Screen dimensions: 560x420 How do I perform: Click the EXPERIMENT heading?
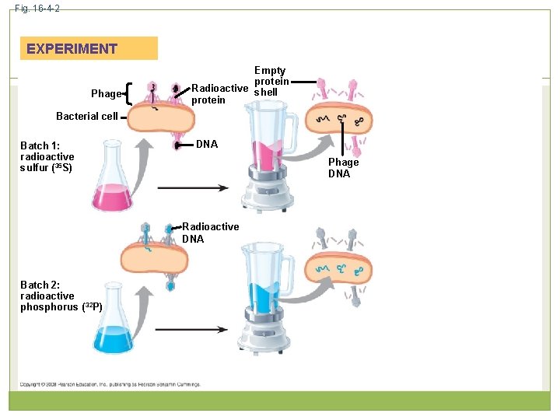[x=72, y=48]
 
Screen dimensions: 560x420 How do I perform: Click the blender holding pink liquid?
[x=268, y=156]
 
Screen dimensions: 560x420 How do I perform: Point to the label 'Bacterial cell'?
[x=87, y=116]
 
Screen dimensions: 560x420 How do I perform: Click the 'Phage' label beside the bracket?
[x=106, y=93]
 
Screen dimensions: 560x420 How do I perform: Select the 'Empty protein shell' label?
[x=271, y=81]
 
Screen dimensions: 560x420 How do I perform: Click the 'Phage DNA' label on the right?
[x=343, y=168]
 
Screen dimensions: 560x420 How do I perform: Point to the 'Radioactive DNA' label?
[x=210, y=233]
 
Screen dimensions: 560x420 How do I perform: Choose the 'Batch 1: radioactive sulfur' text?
[x=47, y=156]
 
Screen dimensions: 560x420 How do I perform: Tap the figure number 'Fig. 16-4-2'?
[x=37, y=8]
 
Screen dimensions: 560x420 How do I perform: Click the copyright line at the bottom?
[x=109, y=383]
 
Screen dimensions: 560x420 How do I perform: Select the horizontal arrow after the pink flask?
[x=192, y=187]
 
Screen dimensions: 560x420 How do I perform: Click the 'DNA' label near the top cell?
[x=207, y=144]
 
